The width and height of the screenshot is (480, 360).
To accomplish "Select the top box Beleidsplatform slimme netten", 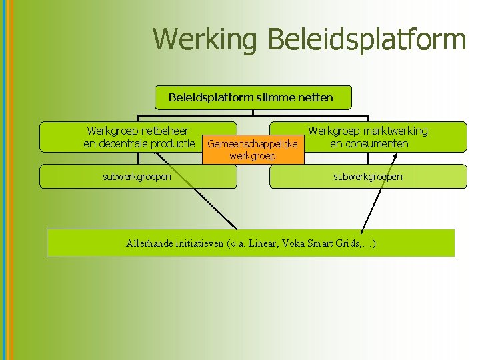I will tap(250, 98).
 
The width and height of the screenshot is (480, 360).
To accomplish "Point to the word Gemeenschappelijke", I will tap(253, 144).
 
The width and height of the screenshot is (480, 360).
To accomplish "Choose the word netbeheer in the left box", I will tap(162, 131).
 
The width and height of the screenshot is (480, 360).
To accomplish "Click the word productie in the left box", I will tap(175, 143).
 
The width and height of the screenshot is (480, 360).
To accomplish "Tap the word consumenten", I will tap(378, 143).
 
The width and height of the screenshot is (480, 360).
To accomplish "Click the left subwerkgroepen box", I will tap(137, 177).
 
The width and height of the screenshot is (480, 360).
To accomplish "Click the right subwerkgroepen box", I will tap(368, 177).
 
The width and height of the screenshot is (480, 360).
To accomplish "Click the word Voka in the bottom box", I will tap(294, 243).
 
